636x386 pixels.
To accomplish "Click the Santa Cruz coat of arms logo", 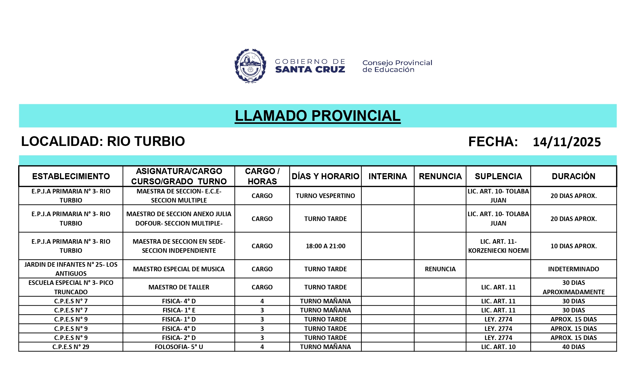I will (250, 66).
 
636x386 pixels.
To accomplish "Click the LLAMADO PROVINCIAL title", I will (317, 116).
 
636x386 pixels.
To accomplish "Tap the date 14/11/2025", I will (567, 142).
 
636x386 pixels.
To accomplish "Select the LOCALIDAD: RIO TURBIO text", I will (103, 141).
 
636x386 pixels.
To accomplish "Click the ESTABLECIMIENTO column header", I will (71, 176).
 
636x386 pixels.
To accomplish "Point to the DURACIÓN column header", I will (573, 176).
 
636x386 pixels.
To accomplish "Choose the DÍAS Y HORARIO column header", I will (325, 176).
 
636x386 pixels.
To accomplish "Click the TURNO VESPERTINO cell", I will (325, 196).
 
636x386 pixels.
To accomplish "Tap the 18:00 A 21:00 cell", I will (325, 246).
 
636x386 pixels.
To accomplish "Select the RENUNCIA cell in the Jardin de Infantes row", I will (440, 269).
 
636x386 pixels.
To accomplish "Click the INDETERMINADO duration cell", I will (573, 269).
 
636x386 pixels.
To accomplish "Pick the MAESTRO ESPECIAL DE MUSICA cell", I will (179, 269).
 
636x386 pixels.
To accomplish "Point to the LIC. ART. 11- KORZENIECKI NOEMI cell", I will (498, 246).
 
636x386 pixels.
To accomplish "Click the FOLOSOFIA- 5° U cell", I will (179, 347).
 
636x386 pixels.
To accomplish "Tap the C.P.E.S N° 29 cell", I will (71, 347).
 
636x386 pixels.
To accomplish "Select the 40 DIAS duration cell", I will (573, 347).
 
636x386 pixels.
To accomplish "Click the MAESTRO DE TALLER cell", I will (179, 287).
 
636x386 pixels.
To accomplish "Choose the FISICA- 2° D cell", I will (179, 338).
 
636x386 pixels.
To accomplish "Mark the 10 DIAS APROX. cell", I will (573, 246).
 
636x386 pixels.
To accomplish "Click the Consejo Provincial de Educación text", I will (397, 66).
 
